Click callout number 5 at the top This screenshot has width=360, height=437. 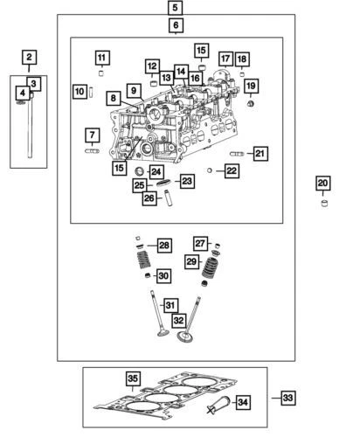pyautogui.click(x=177, y=8)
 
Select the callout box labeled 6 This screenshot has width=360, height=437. pyautogui.click(x=177, y=27)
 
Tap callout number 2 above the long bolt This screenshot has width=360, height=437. pyautogui.click(x=29, y=59)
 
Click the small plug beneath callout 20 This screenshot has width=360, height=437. pyautogui.click(x=322, y=205)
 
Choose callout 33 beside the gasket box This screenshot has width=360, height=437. pyautogui.click(x=287, y=398)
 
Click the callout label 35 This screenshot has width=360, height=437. pyautogui.click(x=132, y=378)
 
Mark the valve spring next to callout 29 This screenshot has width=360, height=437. pyautogui.click(x=209, y=267)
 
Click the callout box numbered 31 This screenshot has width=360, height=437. pyautogui.click(x=171, y=305)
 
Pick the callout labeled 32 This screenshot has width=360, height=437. pyautogui.click(x=179, y=320)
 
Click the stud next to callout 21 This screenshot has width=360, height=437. pyautogui.click(x=238, y=154)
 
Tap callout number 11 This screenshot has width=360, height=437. pyautogui.click(x=102, y=58)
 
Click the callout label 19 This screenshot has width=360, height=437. pyautogui.click(x=251, y=86)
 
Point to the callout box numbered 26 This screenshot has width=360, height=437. pyautogui.click(x=149, y=198)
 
